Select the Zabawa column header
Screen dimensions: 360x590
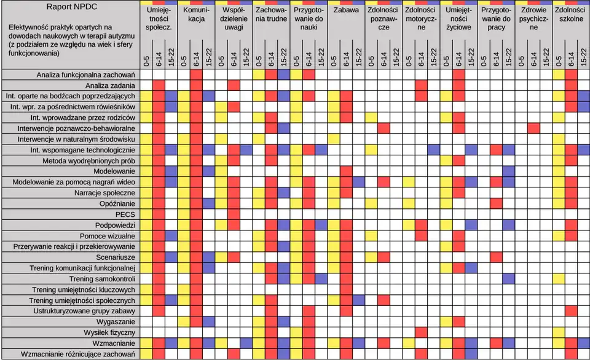point(346,10)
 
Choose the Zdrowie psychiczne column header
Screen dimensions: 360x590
point(533,19)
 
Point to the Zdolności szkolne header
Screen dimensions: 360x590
point(571,15)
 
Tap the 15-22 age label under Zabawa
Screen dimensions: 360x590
point(358,57)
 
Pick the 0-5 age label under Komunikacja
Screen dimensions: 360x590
point(183,60)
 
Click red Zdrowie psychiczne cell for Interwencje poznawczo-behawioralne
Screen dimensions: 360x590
point(533,128)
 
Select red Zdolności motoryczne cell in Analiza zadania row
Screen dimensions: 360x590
point(421,85)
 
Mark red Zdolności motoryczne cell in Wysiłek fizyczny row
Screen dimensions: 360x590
point(421,332)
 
